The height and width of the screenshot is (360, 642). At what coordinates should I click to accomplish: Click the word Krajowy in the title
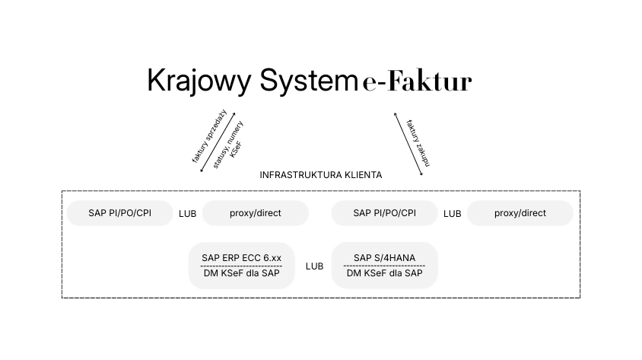click(199, 81)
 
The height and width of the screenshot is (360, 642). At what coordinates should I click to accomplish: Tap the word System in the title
click(309, 80)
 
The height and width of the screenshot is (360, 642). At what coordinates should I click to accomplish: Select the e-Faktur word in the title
click(417, 81)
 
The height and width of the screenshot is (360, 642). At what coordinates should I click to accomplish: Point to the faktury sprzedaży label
click(209, 136)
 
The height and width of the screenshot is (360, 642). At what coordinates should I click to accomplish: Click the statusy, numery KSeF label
click(228, 145)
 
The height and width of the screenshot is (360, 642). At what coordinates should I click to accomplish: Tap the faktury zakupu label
click(418, 143)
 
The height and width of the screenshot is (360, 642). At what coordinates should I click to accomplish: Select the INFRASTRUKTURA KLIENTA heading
click(320, 175)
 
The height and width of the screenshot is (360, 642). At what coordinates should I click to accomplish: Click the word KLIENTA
click(363, 175)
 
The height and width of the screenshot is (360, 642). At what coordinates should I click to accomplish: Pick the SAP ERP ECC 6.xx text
click(242, 257)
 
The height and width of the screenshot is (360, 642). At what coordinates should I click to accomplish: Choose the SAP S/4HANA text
click(384, 257)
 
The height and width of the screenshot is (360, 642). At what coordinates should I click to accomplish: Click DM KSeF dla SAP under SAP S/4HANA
click(384, 273)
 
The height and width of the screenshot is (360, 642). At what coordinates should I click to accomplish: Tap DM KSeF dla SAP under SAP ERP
click(242, 273)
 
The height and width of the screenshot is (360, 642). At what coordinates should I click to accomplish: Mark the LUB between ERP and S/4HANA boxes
click(314, 266)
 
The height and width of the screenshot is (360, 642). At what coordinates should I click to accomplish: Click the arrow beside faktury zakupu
click(408, 144)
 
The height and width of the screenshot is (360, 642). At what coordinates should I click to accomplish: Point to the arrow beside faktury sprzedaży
click(218, 142)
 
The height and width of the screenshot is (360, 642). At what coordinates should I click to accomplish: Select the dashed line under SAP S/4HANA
click(384, 266)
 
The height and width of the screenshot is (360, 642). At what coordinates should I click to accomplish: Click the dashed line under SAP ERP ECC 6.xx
click(242, 266)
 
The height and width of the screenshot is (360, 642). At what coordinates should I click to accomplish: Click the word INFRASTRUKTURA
click(301, 175)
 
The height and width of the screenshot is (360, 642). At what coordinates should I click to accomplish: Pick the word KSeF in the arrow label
click(237, 150)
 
